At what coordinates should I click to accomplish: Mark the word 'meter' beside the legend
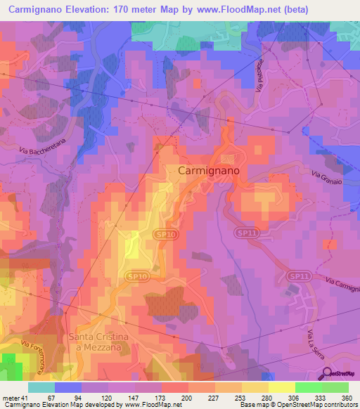pyautogui.click(x=10, y=398)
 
